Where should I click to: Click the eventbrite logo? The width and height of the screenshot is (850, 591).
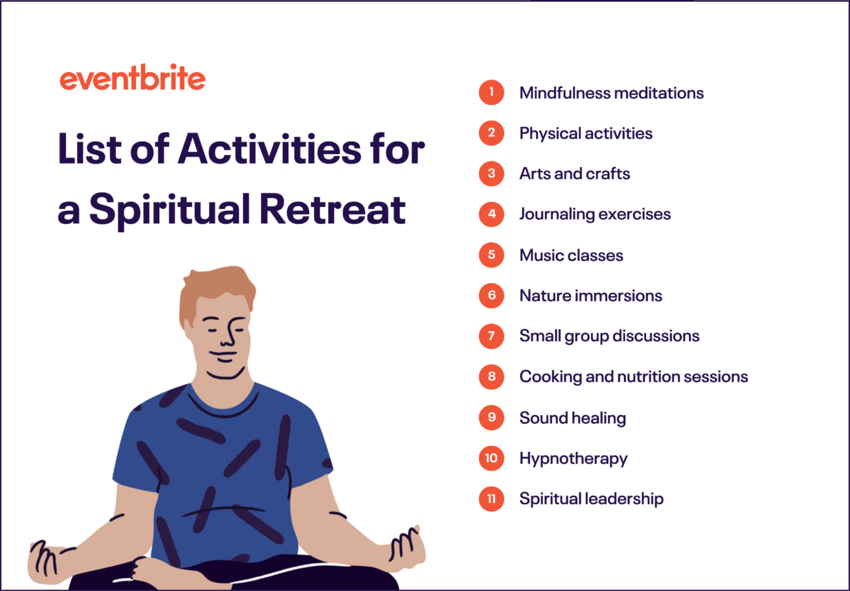point(132,79)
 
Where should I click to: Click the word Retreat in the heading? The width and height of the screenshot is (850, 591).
point(332,210)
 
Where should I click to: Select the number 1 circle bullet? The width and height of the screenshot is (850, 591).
point(491,92)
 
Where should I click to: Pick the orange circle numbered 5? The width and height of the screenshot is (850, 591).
point(491,255)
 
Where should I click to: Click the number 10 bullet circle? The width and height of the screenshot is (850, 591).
point(491,458)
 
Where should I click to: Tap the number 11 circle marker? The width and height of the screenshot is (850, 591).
point(491,499)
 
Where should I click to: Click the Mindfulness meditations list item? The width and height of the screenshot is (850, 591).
point(611,93)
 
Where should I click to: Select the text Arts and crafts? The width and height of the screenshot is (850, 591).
point(574,174)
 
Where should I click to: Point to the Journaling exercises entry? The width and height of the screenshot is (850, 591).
point(595,214)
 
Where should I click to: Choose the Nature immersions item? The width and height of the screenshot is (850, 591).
point(590,296)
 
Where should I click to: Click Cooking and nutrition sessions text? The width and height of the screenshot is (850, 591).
point(633,376)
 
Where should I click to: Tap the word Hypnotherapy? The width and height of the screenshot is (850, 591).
point(573,458)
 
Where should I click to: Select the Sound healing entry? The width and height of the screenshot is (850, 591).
point(572,418)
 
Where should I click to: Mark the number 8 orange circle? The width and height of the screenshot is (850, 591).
point(491,376)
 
